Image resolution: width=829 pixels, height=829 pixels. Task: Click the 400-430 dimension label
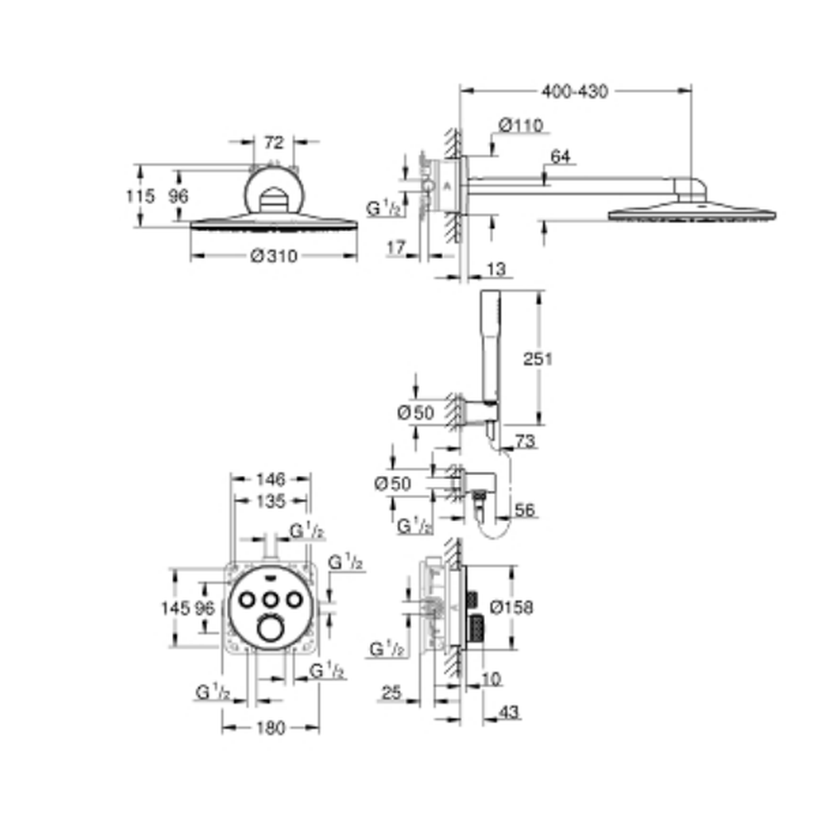tap(574, 91)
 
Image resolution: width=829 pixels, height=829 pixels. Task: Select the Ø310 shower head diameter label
tap(274, 256)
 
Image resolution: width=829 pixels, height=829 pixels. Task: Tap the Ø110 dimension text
tap(521, 126)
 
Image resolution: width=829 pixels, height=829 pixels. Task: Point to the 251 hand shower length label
tap(538, 359)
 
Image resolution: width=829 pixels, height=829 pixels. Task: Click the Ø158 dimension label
tap(511, 608)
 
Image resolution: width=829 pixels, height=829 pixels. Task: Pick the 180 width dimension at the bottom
tap(271, 728)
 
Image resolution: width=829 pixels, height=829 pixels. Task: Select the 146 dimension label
tap(271, 479)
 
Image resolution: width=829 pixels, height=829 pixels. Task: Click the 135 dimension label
tap(271, 501)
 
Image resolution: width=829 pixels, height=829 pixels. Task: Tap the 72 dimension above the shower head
tap(274, 143)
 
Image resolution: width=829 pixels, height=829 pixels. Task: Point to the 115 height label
tap(141, 196)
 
